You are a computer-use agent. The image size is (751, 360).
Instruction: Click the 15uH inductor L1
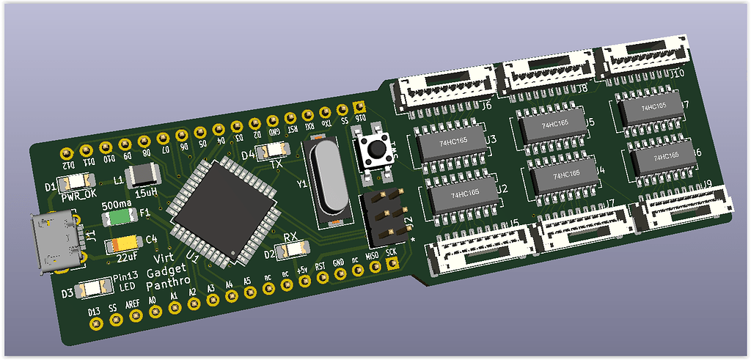point(140,177)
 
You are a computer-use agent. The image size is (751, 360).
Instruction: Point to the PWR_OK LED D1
point(78,180)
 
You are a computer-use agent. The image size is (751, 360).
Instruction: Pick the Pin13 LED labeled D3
point(93,288)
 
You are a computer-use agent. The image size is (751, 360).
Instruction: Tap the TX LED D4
point(272,151)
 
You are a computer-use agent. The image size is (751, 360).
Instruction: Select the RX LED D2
point(292,249)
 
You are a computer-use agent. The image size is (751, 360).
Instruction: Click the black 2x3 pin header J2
point(384,217)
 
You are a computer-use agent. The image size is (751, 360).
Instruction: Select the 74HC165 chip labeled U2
point(458,196)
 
